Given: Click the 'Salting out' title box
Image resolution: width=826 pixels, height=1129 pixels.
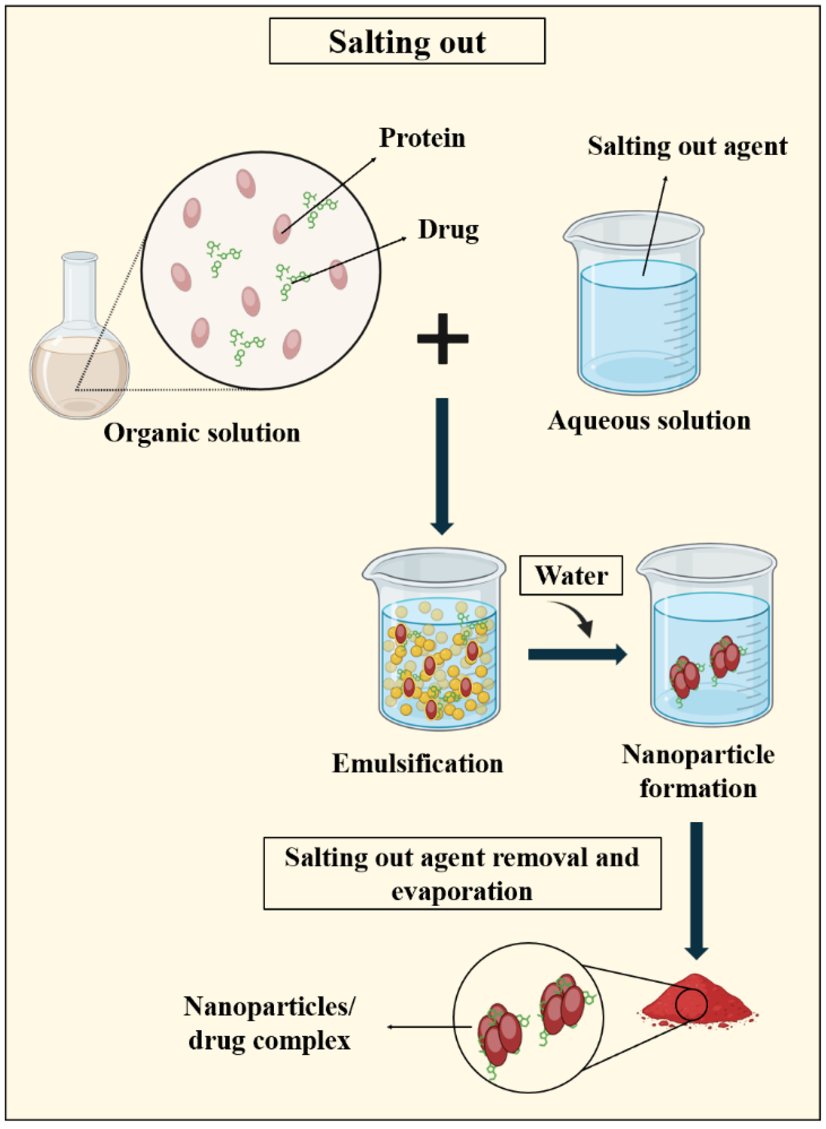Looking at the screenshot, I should point(407,41).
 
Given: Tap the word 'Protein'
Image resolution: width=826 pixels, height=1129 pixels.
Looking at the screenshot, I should point(422,138).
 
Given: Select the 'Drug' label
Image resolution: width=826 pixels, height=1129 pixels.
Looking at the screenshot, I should point(448,230).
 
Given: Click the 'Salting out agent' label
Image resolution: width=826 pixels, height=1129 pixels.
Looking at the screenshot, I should point(687,146).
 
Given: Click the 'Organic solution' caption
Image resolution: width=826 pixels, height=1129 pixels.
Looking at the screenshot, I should point(202,433).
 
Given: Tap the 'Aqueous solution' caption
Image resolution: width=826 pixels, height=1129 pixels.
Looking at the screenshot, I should point(649,421).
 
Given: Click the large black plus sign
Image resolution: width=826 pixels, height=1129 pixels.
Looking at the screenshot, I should point(443,338).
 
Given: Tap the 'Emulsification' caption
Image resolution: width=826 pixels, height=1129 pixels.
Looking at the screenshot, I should point(417,764).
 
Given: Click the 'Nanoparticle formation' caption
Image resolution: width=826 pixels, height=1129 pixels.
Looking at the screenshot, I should point(697,771).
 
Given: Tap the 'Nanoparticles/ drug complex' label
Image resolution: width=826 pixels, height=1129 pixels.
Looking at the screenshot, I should point(269,1023).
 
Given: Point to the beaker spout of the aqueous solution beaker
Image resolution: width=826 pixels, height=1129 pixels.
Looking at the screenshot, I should point(570,235).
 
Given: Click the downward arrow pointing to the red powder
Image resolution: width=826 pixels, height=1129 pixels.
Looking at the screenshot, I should point(696,890).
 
